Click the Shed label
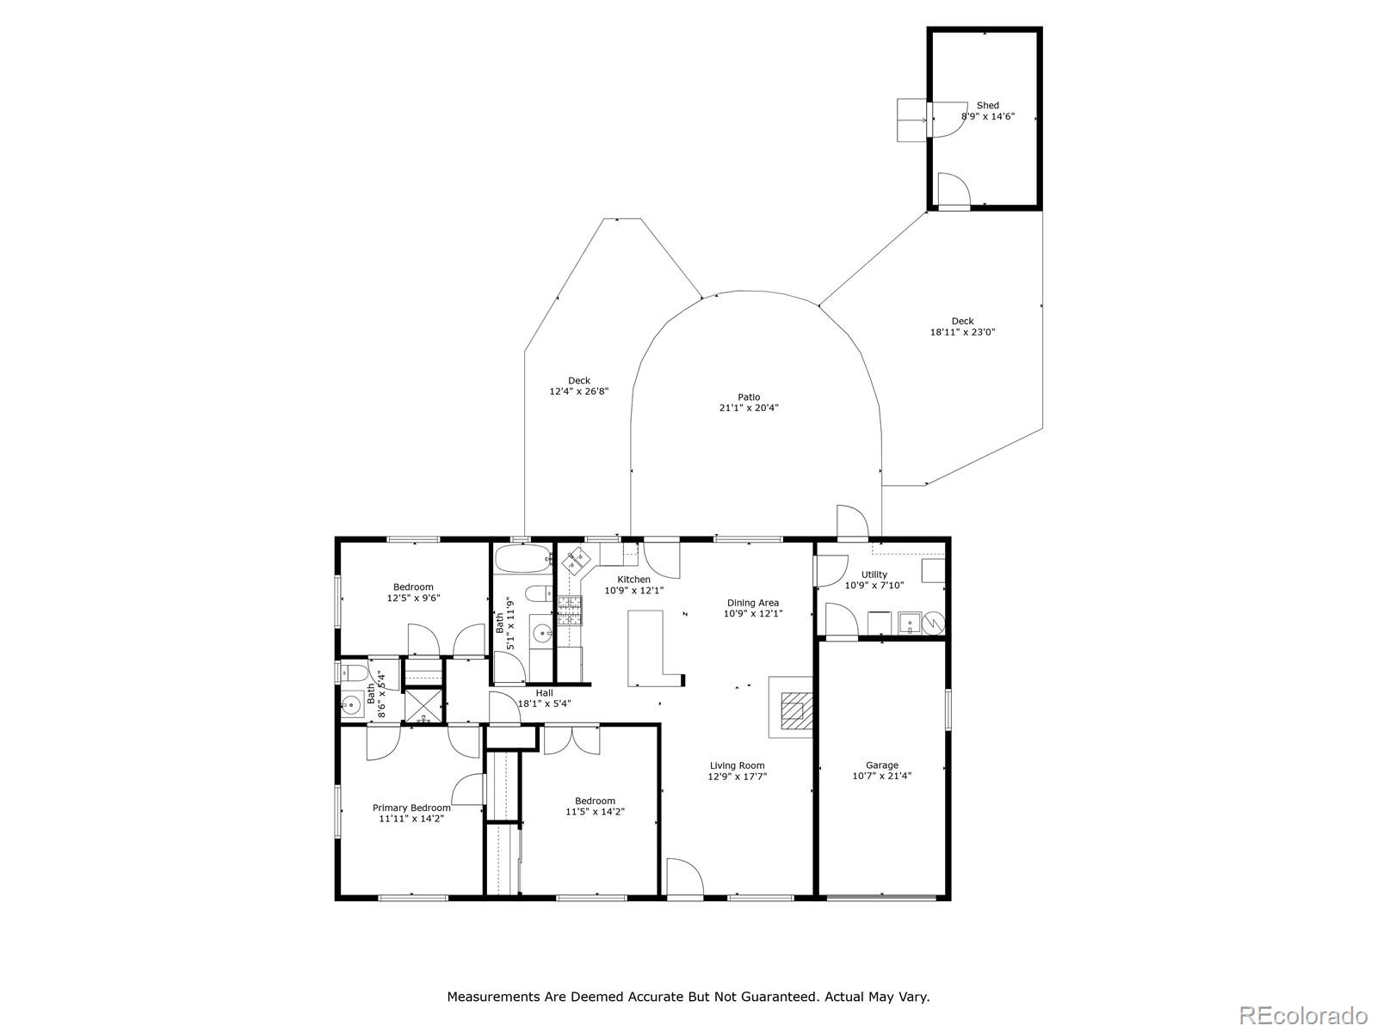click(x=987, y=105)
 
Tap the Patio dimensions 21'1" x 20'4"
click(x=749, y=408)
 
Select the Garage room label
click(x=881, y=765)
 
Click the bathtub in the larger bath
click(x=522, y=557)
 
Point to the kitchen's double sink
click(x=576, y=559)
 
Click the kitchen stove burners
click(x=569, y=611)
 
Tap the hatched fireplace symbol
click(x=796, y=710)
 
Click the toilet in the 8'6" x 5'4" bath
click(x=354, y=673)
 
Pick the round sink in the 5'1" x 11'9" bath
click(x=541, y=634)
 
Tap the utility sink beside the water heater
click(x=909, y=623)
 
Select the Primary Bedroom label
click(x=411, y=808)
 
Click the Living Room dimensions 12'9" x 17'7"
click(x=737, y=777)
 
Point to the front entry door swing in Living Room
click(x=684, y=877)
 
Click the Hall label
click(x=545, y=693)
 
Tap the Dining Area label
click(x=753, y=603)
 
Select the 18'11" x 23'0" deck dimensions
click(x=962, y=332)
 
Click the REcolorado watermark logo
click(x=1304, y=1014)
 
